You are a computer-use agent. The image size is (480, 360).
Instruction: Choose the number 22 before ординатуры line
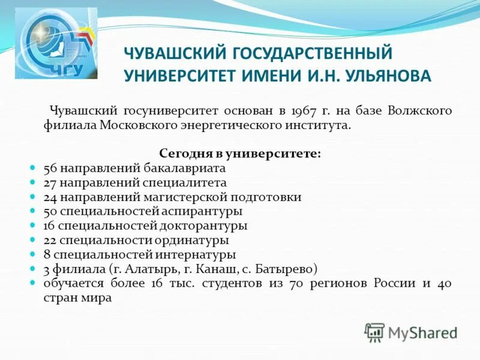[x=50, y=240]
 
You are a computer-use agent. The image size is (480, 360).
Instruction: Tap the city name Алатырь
[x=130, y=269]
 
